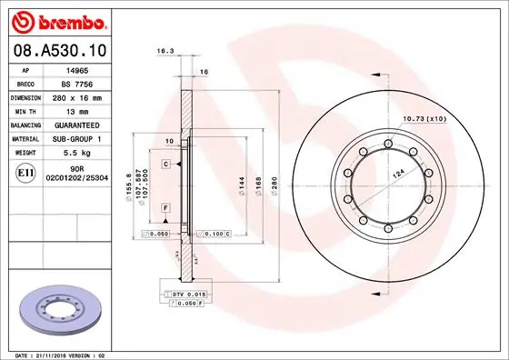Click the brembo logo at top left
(56, 20)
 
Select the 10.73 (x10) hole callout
(424, 119)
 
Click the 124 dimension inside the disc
(397, 172)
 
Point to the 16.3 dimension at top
(165, 53)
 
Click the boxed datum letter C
(166, 164)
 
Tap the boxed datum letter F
(166, 208)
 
